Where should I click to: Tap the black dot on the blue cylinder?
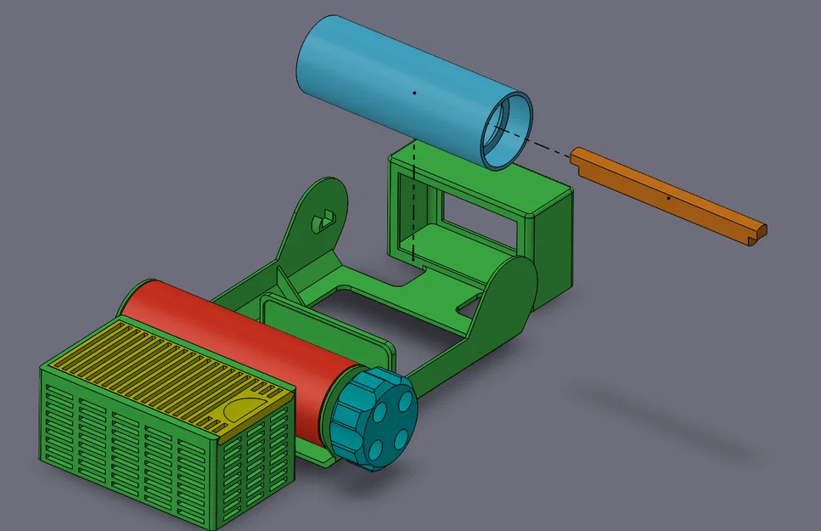click(x=413, y=91)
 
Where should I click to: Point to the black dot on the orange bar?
click(x=669, y=198)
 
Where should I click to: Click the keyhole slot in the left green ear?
click(x=323, y=220)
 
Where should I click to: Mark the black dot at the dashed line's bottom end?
click(x=413, y=257)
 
